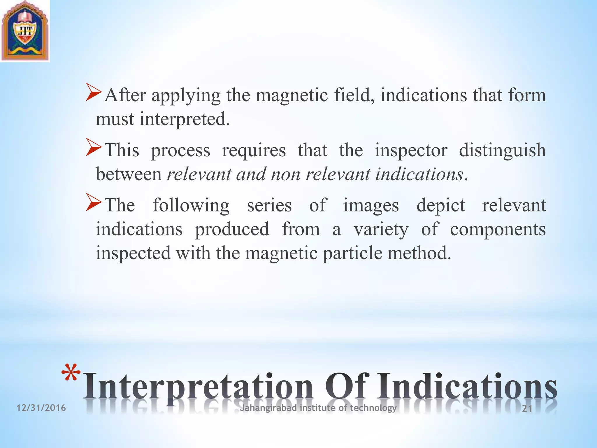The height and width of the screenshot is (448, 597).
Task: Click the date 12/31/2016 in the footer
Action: [x=41, y=408]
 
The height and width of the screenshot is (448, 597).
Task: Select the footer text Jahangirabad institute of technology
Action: [x=318, y=407]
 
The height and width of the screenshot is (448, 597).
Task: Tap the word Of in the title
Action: [x=347, y=387]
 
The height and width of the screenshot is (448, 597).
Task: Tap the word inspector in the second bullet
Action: [x=411, y=150]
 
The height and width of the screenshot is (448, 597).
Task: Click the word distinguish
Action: [x=502, y=150]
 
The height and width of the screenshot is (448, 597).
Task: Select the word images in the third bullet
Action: [x=371, y=205]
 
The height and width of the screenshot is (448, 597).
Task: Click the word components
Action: [x=498, y=230]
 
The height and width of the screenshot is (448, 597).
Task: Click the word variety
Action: [x=381, y=230]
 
